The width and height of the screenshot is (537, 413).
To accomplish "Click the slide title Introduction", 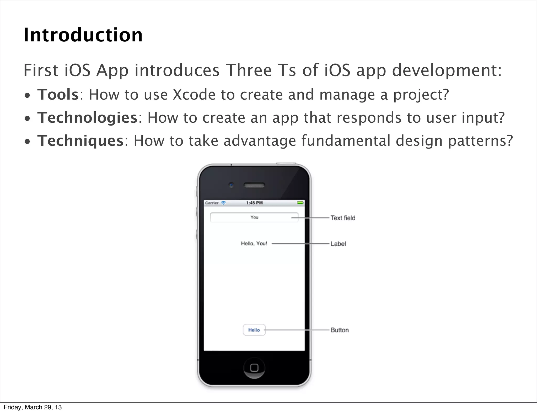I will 83,35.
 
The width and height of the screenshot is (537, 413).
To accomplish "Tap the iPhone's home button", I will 254,368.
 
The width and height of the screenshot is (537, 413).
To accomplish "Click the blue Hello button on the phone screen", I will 254,330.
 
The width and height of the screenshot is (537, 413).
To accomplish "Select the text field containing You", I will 254,218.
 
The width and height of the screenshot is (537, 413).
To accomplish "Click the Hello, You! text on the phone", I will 254,243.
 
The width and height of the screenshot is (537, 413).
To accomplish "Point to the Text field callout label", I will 343,218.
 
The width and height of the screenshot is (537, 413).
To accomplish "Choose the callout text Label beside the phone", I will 338,244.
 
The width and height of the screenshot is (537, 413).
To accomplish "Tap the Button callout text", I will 340,330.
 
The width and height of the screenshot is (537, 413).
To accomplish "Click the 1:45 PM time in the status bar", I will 254,203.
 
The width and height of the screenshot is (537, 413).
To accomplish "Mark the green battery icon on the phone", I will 300,203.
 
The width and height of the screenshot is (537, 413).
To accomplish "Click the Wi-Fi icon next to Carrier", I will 223,203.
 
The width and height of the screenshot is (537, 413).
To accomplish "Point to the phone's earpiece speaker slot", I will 254,185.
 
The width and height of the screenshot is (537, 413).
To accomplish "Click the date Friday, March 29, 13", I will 33,407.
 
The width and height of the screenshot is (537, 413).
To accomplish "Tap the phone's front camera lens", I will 231,185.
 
